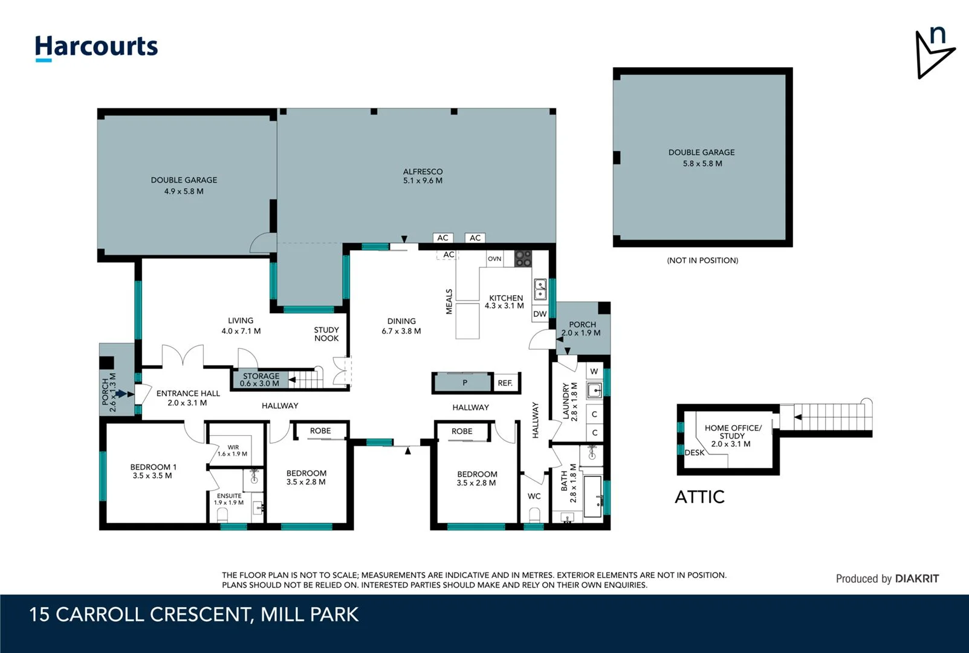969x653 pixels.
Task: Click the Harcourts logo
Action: pos(96,47)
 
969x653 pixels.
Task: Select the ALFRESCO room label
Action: pos(423,176)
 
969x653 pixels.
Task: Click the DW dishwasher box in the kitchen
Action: pos(540,314)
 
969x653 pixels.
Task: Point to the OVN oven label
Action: pos(494,259)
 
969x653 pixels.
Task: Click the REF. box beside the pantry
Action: pos(505,383)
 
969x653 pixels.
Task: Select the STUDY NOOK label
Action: pos(326,334)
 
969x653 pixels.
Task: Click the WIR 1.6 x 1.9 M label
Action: pos(233,450)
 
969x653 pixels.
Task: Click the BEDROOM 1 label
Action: pos(153,471)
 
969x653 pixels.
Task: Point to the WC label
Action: pos(534,496)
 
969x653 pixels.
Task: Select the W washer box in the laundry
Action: pos(594,371)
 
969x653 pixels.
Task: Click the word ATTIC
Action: pos(699,497)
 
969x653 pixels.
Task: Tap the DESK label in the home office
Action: pos(695,452)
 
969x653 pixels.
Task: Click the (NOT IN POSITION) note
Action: pos(702,261)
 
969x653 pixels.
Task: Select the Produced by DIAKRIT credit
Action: pos(887,579)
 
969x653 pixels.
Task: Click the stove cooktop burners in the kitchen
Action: pos(523,259)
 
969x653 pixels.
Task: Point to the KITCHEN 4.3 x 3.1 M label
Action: pos(505,302)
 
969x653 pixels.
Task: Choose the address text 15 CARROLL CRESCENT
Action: pos(140,615)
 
